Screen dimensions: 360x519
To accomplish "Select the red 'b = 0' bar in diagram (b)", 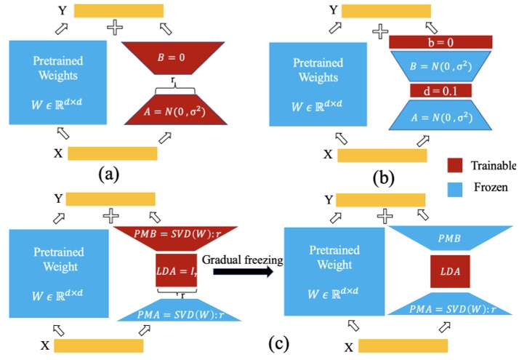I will (x=431, y=42).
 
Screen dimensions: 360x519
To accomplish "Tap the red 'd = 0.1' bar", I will (x=431, y=91).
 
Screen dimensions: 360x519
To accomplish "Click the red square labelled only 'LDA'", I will (x=450, y=271).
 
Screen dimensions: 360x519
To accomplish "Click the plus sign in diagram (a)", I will (x=115, y=28).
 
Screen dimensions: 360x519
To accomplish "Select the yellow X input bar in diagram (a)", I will (x=112, y=153).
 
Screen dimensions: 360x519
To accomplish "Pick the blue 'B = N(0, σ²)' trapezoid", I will (x=431, y=67).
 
